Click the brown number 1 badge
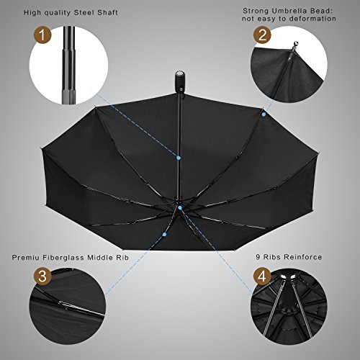point(42,35)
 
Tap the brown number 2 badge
point(262,35)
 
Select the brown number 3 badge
point(42,276)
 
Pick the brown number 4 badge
point(262,276)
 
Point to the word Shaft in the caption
point(108,12)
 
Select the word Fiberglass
point(63,258)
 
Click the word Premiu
point(26,258)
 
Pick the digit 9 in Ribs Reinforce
point(258,257)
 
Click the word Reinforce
point(303,257)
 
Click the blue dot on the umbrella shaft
point(179,158)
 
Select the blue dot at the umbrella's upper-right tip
point(264,114)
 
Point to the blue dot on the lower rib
point(164,234)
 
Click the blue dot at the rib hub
point(180,208)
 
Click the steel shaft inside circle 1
point(69,66)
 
